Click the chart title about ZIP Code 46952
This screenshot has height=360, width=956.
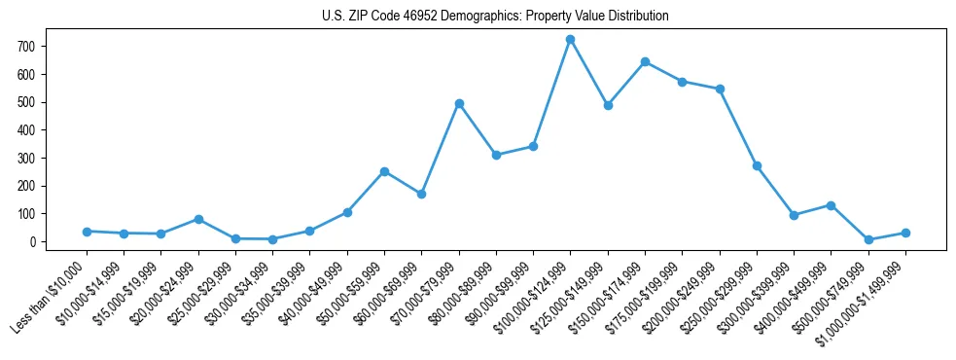click(495, 17)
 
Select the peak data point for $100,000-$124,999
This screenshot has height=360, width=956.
click(570, 40)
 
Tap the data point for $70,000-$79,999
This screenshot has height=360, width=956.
click(459, 103)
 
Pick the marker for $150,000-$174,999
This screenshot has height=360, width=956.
click(645, 61)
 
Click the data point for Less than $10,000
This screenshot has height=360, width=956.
click(87, 232)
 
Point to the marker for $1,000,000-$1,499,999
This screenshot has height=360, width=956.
click(905, 233)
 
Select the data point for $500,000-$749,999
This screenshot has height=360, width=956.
click(868, 239)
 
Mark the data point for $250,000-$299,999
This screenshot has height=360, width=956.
click(757, 165)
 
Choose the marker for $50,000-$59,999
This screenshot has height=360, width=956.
click(384, 171)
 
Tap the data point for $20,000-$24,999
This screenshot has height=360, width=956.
click(198, 219)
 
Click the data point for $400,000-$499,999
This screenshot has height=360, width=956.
click(831, 205)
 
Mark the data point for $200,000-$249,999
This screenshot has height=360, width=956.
click(720, 89)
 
